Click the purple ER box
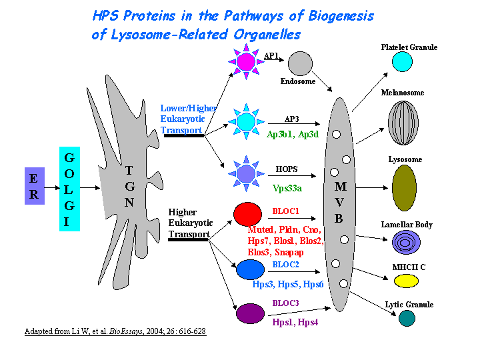click(35, 186)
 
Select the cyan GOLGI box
click(69, 189)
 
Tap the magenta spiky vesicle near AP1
click(246, 61)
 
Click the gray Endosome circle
click(300, 63)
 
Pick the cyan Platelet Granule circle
click(402, 61)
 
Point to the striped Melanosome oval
click(403, 123)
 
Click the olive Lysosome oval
click(404, 188)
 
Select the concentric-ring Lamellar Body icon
click(406, 243)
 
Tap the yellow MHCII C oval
click(406, 281)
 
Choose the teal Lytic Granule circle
click(407, 319)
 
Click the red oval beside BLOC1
click(247, 214)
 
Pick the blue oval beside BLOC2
click(250, 269)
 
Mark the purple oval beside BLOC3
click(250, 313)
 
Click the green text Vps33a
click(287, 188)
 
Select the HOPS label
click(287, 169)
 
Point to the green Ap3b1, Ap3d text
click(293, 135)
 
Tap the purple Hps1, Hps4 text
click(295, 323)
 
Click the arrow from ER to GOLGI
click(52, 187)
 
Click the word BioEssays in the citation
click(126, 331)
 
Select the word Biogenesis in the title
click(341, 16)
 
